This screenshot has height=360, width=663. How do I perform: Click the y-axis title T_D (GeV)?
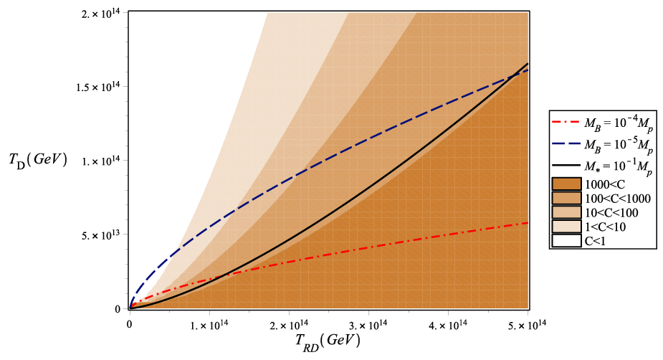[38, 161]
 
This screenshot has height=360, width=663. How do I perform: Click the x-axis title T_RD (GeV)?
[328, 341]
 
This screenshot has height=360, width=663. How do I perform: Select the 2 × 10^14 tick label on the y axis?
[101, 13]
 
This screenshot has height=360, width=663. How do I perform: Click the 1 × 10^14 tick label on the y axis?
[101, 161]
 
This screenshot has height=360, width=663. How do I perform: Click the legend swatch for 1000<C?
[566, 184]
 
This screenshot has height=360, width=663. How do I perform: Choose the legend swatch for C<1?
[566, 241]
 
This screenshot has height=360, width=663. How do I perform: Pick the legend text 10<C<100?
[611, 212]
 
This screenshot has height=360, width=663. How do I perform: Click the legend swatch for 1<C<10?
[566, 227]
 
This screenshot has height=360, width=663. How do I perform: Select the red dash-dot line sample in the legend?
[566, 123]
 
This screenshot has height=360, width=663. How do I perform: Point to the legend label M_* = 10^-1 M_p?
[619, 166]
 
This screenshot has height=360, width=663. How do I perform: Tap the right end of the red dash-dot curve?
[528, 222]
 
